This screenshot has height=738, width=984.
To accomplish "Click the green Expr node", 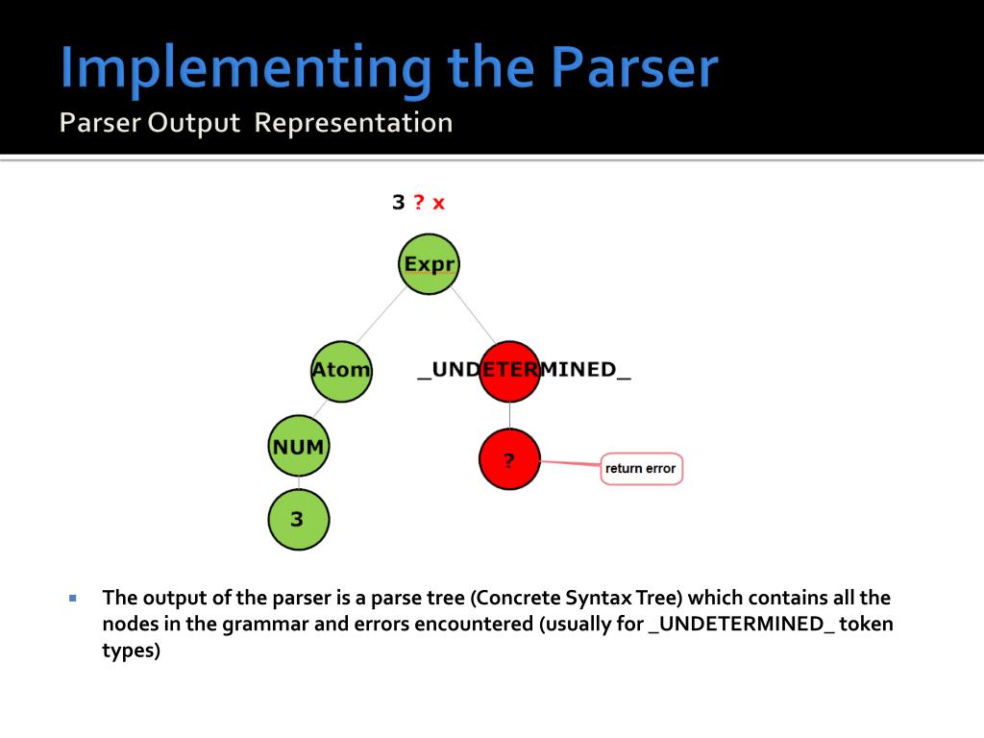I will pos(429,264).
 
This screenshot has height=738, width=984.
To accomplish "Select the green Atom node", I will pos(341,370).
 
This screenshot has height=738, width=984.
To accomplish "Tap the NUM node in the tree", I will pos(298,447).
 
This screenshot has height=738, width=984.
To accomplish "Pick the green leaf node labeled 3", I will pos(298,519).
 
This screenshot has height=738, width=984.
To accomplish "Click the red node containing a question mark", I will pos(509,460).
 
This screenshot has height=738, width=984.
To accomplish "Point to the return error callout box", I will pos(641,469).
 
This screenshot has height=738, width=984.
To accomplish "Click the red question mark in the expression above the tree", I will pos(419,202).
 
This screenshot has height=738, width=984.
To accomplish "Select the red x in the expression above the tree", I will pos(438,203).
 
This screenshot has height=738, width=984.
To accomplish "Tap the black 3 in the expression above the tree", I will pos(398,203).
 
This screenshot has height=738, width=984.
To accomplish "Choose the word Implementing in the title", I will pos(245,69).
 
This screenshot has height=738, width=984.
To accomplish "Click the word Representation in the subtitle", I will pos(354,124).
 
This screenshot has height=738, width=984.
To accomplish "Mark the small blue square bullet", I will pos(72,598).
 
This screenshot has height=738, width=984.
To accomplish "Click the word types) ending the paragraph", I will pos(132,651).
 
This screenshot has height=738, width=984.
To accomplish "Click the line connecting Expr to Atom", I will pos(381,315).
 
